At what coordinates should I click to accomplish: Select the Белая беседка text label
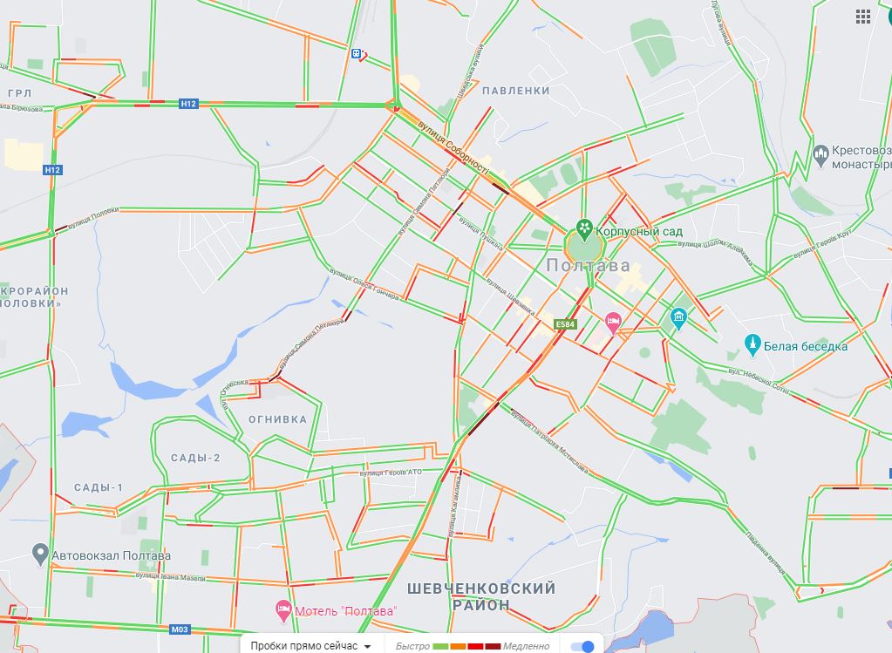pyautogui.click(x=805, y=346)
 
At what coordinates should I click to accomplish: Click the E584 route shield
pyautogui.click(x=565, y=324)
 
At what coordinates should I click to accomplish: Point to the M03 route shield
pyautogui.click(x=180, y=629)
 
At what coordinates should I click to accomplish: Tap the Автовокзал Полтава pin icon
pyautogui.click(x=39, y=554)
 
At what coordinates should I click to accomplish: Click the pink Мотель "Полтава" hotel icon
pyautogui.click(x=283, y=610)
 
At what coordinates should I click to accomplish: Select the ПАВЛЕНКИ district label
pyautogui.click(x=515, y=91)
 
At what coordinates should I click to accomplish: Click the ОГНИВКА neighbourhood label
pyautogui.click(x=278, y=419)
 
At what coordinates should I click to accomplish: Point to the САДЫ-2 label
pyautogui.click(x=195, y=458)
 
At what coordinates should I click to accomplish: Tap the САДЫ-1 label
pyautogui.click(x=99, y=487)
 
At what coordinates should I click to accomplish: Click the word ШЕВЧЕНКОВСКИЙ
pyautogui.click(x=481, y=588)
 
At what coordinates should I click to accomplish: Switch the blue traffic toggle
pyautogui.click(x=583, y=646)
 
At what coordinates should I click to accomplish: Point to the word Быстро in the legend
pyautogui.click(x=412, y=646)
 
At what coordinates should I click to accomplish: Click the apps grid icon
pyautogui.click(x=863, y=16)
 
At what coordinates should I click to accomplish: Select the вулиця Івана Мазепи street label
pyautogui.click(x=170, y=577)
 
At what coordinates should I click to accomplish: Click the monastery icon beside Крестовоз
pyautogui.click(x=821, y=156)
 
